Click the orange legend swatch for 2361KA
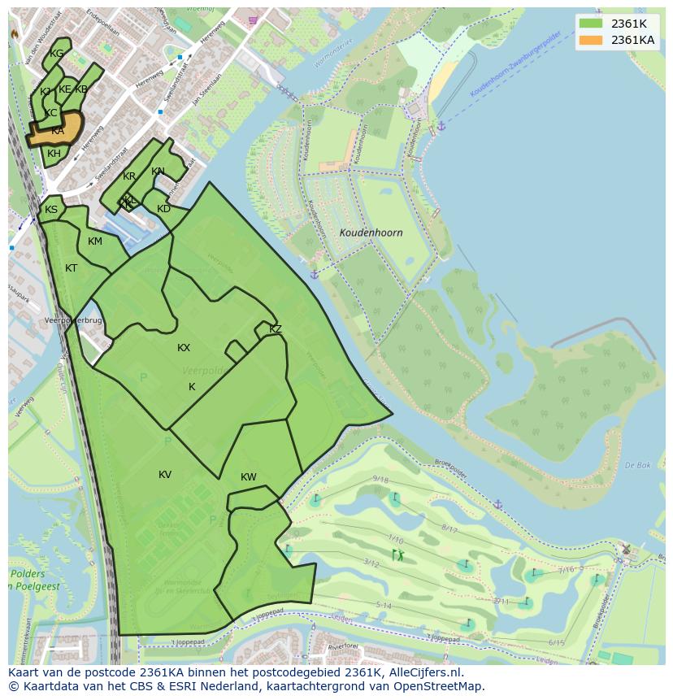coord(591,39)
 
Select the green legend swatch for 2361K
coord(591,23)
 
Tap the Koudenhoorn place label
coord(371,233)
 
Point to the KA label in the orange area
coord(58,130)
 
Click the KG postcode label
coord(56,54)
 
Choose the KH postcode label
coord(54,153)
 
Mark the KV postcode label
coord(165,475)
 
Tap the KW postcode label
coord(249,477)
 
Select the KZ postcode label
coord(276,328)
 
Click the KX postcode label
coord(184,348)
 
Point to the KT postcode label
coord(72,268)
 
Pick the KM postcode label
coord(95,241)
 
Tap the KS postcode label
coord(51,210)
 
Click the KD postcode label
coord(163,209)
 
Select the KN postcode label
coord(158,172)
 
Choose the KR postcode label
coord(129,176)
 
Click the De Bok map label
coord(638,466)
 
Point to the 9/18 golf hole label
coord(380,479)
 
